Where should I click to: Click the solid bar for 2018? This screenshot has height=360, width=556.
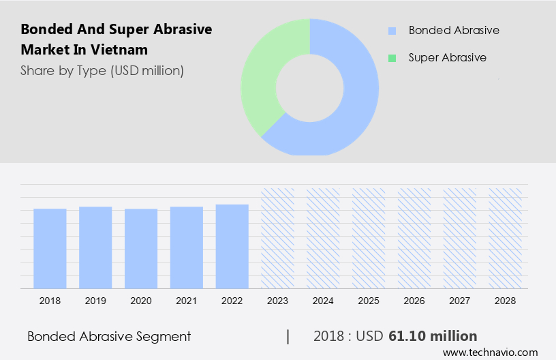click(50, 248)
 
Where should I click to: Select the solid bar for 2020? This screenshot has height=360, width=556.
click(141, 248)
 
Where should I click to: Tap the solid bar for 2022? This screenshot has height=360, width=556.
click(232, 246)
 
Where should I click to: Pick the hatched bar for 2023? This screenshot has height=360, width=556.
click(277, 238)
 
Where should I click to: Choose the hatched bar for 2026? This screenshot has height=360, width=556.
click(414, 238)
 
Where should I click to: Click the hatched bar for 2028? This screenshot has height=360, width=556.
click(506, 238)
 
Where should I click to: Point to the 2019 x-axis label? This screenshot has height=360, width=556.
click(95, 300)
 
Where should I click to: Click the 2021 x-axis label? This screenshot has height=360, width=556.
click(187, 300)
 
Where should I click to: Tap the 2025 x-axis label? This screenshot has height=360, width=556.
click(369, 300)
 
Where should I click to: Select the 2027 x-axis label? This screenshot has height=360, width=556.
click(460, 300)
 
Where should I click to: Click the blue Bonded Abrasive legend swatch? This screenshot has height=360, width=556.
click(392, 31)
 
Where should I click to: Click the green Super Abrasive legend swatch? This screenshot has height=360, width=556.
click(392, 58)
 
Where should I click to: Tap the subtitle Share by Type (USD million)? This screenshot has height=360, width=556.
click(102, 70)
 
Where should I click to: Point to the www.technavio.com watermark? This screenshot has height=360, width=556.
click(490, 352)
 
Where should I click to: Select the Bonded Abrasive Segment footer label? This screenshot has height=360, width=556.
click(109, 336)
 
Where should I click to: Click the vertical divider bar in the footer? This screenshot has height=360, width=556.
click(288, 336)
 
